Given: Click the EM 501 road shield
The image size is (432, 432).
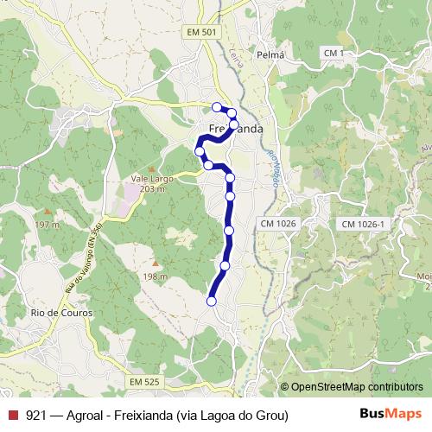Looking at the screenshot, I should pyautogui.click(x=201, y=32).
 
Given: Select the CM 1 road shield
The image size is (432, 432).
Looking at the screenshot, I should pyautogui.click(x=333, y=54).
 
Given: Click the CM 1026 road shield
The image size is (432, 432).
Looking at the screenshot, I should pyautogui.click(x=277, y=224).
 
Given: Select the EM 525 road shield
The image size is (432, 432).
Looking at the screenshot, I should pyautogui.click(x=144, y=381).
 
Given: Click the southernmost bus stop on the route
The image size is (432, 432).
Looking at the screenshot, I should pyautogui.click(x=212, y=301).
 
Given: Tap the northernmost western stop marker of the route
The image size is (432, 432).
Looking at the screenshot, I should pyautogui.click(x=217, y=106).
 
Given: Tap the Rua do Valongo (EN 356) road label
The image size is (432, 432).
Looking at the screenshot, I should pyautogui.click(x=83, y=258).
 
